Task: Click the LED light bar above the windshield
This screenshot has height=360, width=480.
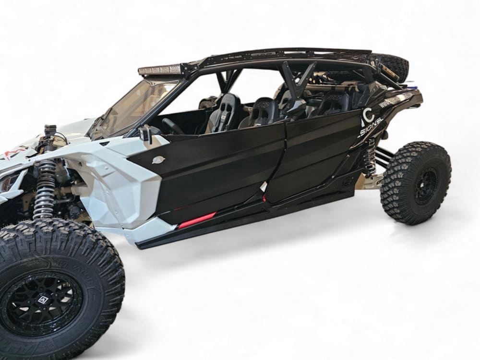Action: (x=161, y=71)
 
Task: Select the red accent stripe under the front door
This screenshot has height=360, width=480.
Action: (x=197, y=219)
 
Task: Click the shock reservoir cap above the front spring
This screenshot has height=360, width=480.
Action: (x=50, y=130)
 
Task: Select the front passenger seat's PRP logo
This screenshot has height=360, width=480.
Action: (x=262, y=105)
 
